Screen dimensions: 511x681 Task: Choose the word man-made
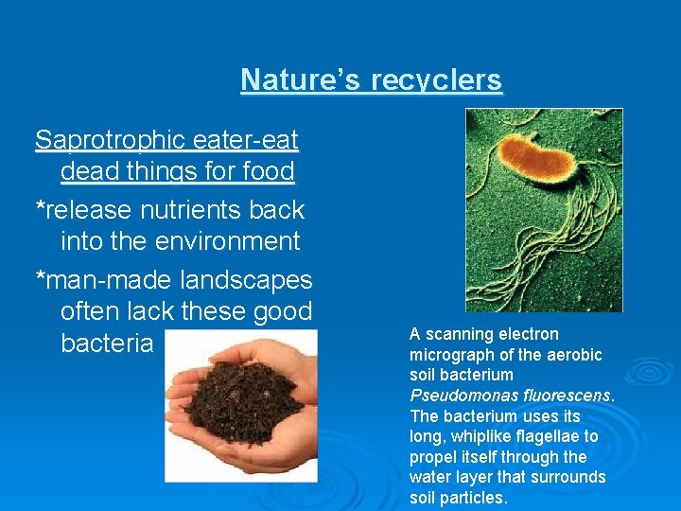[x=107, y=280]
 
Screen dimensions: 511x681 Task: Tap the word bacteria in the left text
[x=106, y=343]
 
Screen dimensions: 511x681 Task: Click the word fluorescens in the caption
[x=566, y=396]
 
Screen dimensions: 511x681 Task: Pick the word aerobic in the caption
[x=576, y=355]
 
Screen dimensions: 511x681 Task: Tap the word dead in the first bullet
[x=86, y=172]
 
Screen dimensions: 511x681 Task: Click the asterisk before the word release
[x=40, y=209]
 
